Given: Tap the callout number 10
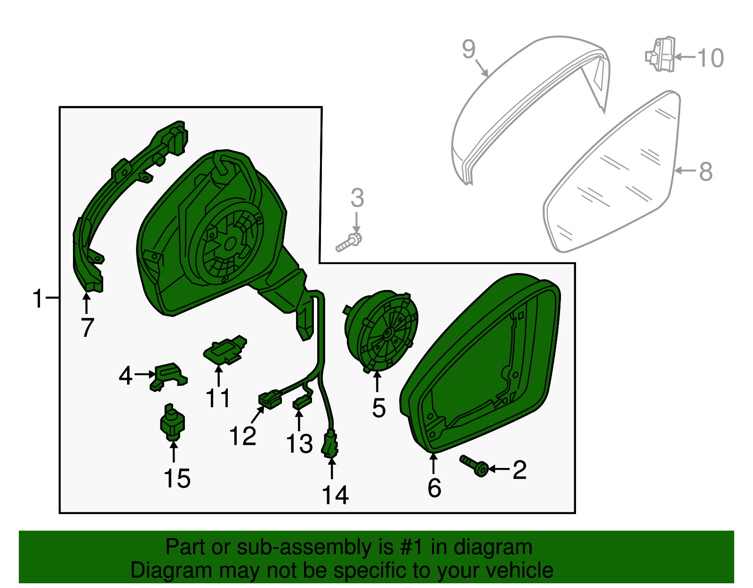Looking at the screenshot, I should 710,58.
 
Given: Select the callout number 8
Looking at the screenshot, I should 705,171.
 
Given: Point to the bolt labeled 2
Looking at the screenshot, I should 474,466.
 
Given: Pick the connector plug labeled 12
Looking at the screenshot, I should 270,400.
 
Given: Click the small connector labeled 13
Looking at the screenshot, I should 302,403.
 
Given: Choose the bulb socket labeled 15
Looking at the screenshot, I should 172,422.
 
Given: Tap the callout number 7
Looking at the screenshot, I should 88,327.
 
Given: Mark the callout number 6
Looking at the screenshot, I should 434,488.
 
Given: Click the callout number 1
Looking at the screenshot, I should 38,298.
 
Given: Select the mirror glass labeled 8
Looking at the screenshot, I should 612,174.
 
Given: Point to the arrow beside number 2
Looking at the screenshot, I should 499,469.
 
